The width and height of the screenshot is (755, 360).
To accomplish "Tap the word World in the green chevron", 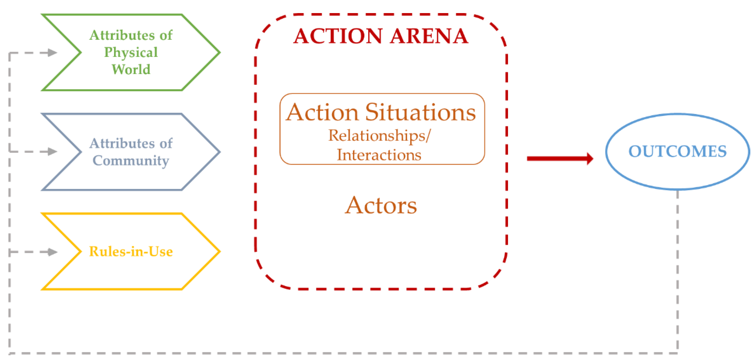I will [131, 70].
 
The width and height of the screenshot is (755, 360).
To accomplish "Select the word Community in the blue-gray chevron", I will [131, 161].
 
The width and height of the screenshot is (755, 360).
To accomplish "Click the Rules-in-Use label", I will [131, 252].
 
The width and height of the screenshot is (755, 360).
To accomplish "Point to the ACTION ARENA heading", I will [381, 36].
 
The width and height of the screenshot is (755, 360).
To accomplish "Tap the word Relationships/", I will [380, 136].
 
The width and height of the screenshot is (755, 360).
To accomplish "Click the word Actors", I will [381, 206].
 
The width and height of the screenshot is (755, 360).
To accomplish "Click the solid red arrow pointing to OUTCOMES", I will [560, 159].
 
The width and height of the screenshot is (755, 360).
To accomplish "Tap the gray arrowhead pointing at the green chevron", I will [53, 53].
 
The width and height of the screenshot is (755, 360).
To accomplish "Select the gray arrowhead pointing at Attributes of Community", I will [53, 152].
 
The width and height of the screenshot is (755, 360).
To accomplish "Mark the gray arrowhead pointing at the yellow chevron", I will [53, 252].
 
